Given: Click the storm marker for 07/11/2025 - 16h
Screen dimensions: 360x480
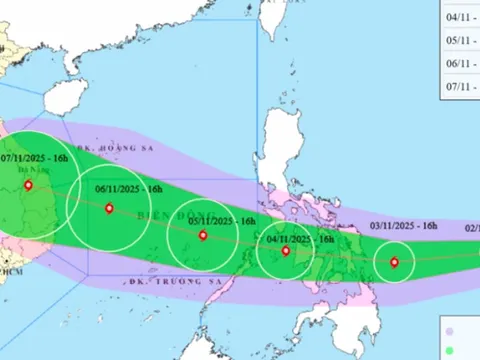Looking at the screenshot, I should tap(28, 185).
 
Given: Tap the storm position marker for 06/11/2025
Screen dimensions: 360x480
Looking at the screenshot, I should tap(108, 209).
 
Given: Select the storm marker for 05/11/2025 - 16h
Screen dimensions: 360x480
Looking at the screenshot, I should tap(203, 236).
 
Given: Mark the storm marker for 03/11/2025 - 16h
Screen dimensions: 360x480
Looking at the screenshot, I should tap(394, 264).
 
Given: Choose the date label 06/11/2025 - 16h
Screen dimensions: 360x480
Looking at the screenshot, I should tap(129, 186).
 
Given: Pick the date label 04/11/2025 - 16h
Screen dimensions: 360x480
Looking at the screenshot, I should tap(300, 239).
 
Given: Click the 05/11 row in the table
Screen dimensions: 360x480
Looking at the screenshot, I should tap(460, 42).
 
